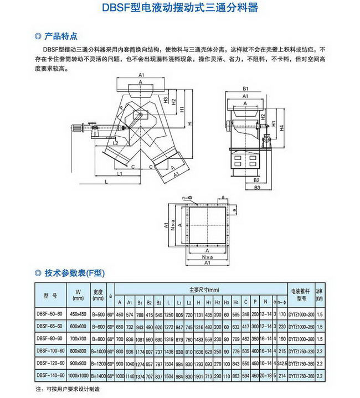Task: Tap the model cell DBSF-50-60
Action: click(x=50, y=314)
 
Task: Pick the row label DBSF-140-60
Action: click(x=50, y=375)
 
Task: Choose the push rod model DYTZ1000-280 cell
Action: click(x=301, y=338)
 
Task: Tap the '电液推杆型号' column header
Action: click(x=301, y=294)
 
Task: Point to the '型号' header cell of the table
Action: click(x=50, y=294)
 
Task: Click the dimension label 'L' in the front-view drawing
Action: click(x=106, y=181)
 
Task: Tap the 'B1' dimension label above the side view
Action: click(x=245, y=89)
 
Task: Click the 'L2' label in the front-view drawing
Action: click(x=115, y=143)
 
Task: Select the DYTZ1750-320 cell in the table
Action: click(x=301, y=350)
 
